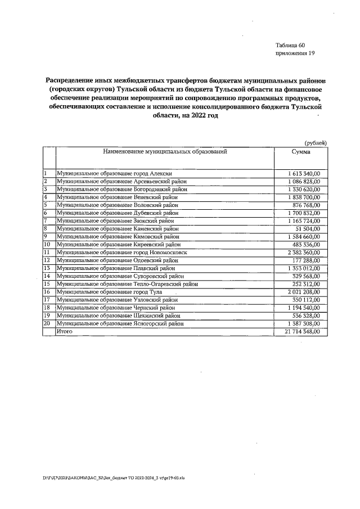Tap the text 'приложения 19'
[295, 53]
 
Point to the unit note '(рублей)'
[316, 143]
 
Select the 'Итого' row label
[65, 332]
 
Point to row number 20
[47, 324]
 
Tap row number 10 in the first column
[47, 245]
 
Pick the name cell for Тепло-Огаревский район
[128, 284]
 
